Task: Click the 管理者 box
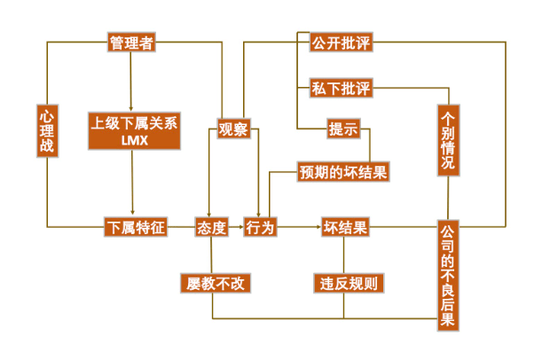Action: pos(131,43)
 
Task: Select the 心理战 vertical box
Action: pos(47,130)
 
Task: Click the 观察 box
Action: pos(233,130)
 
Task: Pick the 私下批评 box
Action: pos(341,88)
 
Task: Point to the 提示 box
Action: pos(342,129)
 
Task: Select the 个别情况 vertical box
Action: pos(448,139)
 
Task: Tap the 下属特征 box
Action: pos(135,228)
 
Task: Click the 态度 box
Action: pos(211,228)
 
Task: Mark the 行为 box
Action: pos(260,228)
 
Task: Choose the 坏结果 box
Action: pos(344,228)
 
